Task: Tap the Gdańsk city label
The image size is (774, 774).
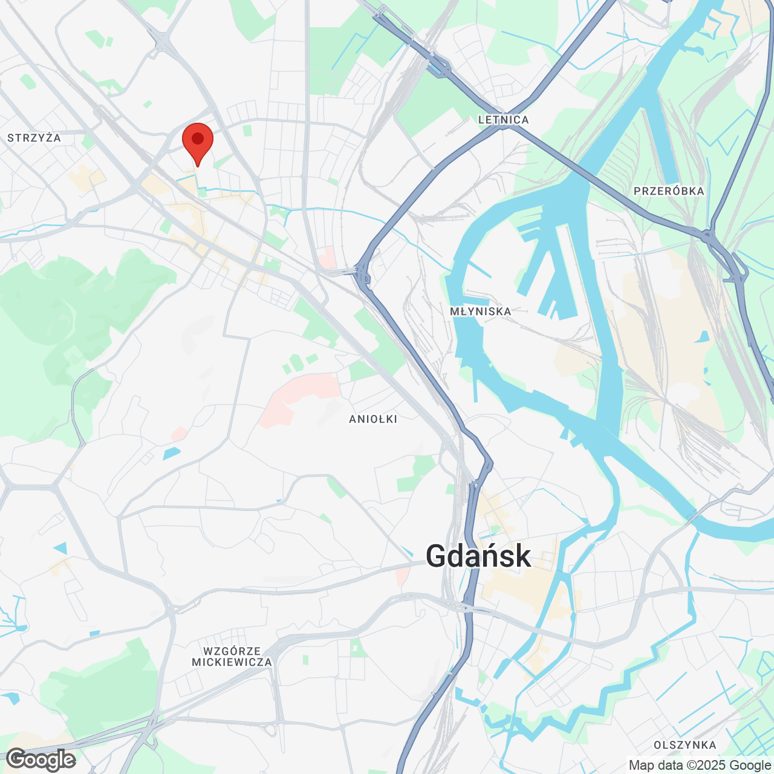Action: click(478, 556)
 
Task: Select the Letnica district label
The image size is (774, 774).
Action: click(503, 120)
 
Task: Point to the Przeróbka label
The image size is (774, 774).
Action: click(669, 191)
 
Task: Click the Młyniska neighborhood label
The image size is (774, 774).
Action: click(481, 311)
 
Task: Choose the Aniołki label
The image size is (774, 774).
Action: click(373, 419)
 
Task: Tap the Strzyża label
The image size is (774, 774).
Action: click(34, 138)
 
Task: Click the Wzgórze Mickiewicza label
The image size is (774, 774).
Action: click(232, 656)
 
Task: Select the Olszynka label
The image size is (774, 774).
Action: click(685, 745)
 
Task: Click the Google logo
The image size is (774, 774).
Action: click(41, 759)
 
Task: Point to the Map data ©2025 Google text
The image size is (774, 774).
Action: click(700, 765)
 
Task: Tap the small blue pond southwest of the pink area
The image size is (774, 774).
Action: click(171, 452)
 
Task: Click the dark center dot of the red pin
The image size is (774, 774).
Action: click(197, 138)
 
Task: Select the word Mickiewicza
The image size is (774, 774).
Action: click(232, 662)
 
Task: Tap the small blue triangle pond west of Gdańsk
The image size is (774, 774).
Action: click(61, 548)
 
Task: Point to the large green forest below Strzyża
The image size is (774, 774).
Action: click(79, 314)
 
